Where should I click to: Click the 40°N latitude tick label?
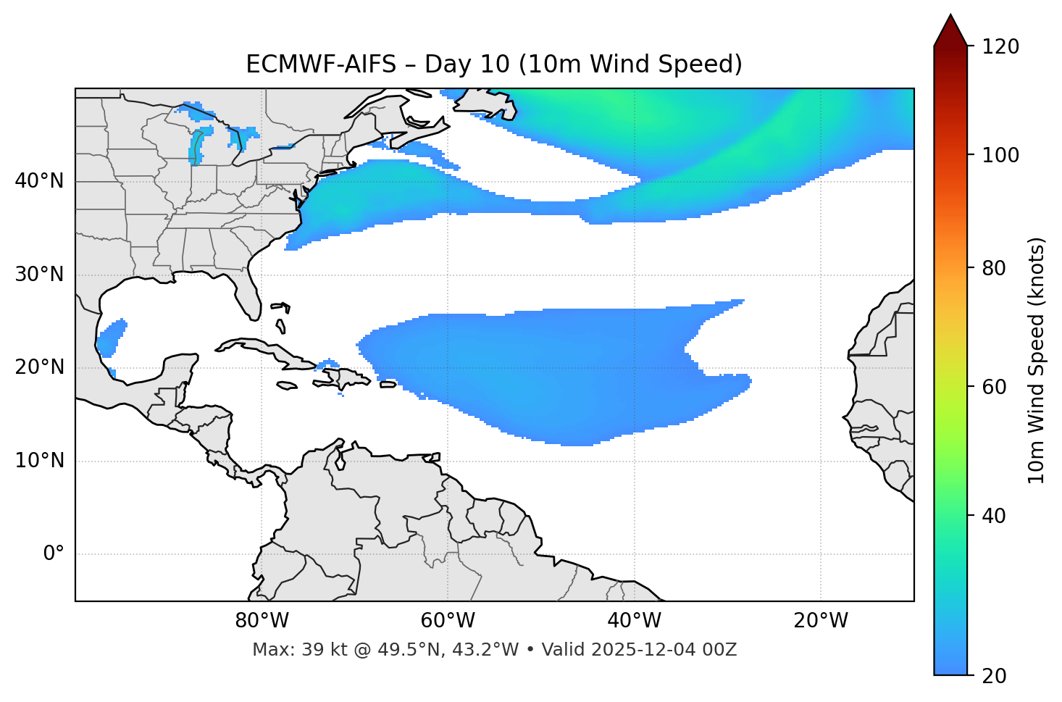coord(39,181)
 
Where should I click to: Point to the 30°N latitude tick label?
coord(39,275)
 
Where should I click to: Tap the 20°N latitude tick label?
coord(39,367)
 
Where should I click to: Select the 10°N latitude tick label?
coord(39,461)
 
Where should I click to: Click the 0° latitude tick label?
coord(54,554)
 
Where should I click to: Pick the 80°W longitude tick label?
coord(262,621)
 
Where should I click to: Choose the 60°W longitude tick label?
coord(448,621)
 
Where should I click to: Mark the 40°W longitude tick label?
coord(635,621)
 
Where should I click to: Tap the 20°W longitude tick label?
coord(821,621)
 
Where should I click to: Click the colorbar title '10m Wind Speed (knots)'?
coord(1037,360)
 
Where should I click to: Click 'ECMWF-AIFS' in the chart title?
coord(321,64)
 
